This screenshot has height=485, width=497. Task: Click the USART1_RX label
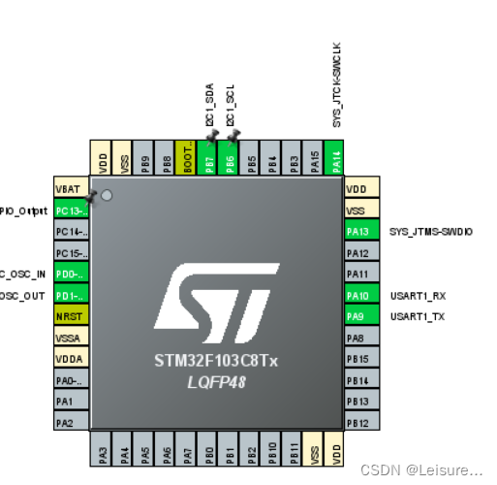[418, 295]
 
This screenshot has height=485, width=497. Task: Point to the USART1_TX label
[418, 316]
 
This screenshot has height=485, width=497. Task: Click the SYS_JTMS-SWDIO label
[430, 232]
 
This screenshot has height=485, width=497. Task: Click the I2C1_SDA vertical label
[209, 105]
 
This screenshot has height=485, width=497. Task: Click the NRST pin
[71, 316]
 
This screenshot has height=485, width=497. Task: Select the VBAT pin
[71, 189]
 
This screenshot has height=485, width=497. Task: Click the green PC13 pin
[71, 210]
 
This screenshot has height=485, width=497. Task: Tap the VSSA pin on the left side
[71, 338]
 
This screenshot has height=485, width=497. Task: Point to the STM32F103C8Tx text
[216, 361]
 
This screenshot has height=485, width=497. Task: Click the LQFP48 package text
[216, 382]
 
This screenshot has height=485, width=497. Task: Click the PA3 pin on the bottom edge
[104, 452]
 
